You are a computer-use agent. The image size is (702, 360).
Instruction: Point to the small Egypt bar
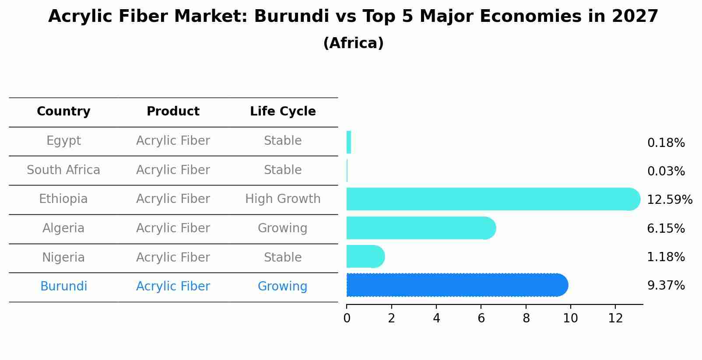tap(349, 142)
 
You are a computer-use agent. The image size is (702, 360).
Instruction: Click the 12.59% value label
tap(670, 200)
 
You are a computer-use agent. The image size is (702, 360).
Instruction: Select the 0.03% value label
tap(666, 171)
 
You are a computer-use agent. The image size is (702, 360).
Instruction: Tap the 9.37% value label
tap(666, 286)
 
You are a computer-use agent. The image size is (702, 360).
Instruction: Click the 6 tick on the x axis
tap(481, 318)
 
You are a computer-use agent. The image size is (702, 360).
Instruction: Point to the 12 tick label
tap(615, 318)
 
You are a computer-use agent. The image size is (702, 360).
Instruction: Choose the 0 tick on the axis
tap(347, 318)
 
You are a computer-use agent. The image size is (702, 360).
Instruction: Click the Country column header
tap(63, 112)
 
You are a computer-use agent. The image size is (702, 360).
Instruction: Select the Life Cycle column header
tap(283, 112)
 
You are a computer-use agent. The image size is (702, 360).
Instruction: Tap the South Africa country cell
tap(63, 170)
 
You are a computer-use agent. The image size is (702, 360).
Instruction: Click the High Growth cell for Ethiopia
tap(283, 199)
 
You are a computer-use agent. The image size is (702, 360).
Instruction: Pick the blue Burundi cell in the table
tap(63, 287)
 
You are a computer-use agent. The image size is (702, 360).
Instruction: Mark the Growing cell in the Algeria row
tap(283, 228)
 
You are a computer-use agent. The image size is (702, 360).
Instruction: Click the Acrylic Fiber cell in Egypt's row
tap(173, 141)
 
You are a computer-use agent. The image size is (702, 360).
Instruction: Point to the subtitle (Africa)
tap(353, 43)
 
